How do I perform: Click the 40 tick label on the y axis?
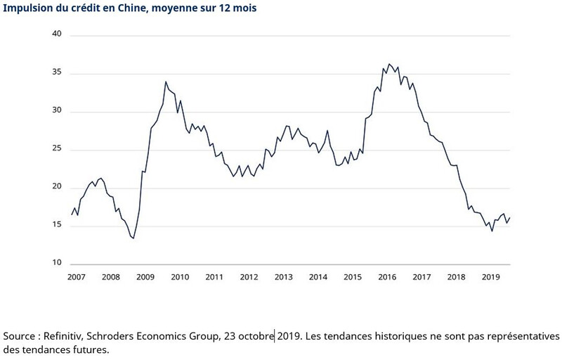tap(58, 34)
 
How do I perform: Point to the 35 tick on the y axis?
tap(58, 72)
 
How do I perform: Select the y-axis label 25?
tap(58, 149)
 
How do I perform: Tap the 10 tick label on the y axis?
tap(58, 264)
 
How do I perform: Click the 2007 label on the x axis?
tap(77, 278)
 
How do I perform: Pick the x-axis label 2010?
tap(180, 278)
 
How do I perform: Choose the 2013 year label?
tap(283, 278)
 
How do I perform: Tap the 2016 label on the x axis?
tap(386, 278)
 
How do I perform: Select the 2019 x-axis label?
tap(490, 278)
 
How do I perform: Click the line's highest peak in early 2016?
tap(389, 64)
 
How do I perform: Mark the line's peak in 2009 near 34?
tap(165, 82)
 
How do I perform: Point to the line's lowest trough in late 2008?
tap(133, 238)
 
